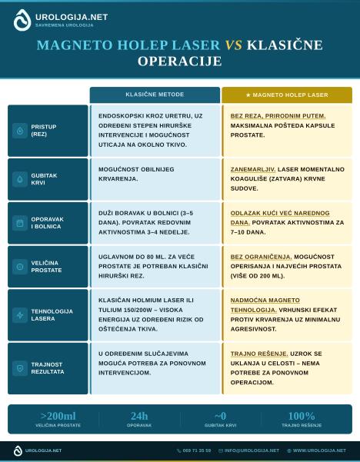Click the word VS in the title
pos(233,45)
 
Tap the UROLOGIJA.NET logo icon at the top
pos(22,20)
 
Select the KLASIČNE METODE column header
pos(155,95)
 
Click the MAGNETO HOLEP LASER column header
pos(287,95)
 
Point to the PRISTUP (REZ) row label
pos(43,130)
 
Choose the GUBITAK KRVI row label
pos(43,179)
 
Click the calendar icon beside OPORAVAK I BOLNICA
pos(20,223)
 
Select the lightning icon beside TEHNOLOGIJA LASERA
pos(20,315)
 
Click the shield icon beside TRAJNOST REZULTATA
pos(20,368)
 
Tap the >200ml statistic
pos(58,416)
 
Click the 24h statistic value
pos(139,416)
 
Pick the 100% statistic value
pos(301,416)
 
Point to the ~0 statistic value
pos(220,416)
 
